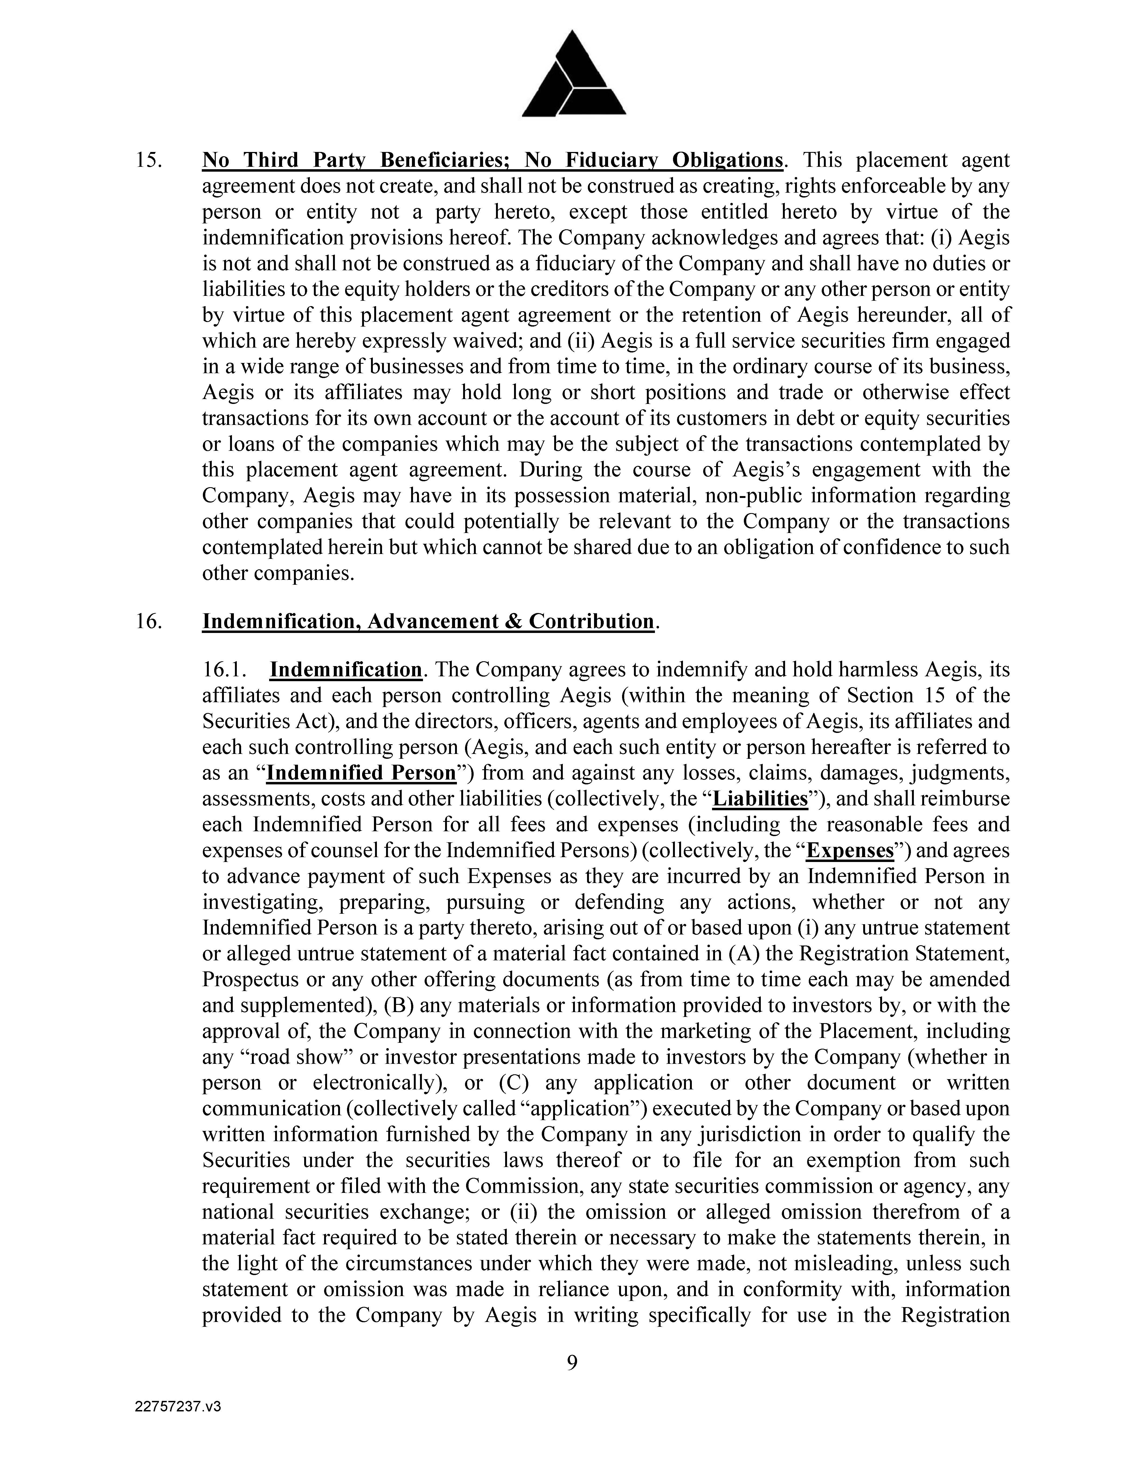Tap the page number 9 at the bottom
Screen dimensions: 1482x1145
click(x=572, y=1362)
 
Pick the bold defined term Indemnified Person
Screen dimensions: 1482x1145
click(x=361, y=773)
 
